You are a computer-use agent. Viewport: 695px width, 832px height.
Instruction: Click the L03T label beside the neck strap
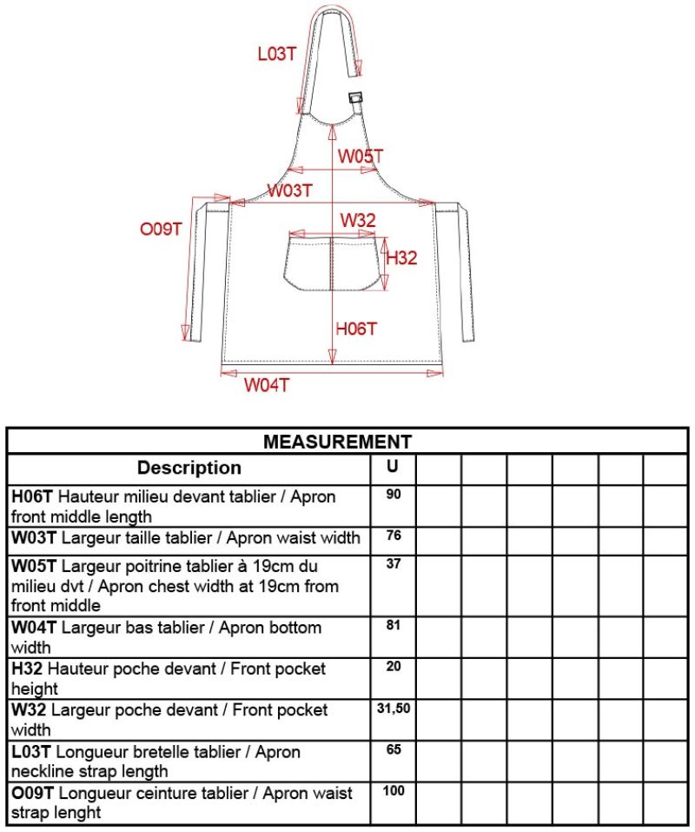coord(277,54)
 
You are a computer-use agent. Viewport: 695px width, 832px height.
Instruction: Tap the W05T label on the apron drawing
coord(361,156)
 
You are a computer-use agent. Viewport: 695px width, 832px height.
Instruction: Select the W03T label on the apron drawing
coord(290,190)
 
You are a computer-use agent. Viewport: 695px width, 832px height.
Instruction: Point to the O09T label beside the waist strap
coord(161,230)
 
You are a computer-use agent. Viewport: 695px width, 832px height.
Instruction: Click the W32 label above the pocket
coord(357,220)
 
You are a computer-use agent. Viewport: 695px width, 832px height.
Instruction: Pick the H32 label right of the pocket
coord(401,258)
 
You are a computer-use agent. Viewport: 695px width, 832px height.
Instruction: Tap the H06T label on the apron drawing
coord(357,328)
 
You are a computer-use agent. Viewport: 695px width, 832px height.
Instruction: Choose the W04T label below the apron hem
coord(266,385)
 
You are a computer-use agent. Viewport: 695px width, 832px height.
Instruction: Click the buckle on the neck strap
coord(355,98)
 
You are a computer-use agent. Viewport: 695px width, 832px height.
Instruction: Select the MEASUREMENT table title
coord(337,442)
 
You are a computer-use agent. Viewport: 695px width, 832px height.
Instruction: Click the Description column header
coord(189,468)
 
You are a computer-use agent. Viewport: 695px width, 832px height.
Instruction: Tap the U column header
coord(393,467)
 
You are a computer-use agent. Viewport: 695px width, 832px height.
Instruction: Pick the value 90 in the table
coord(393,494)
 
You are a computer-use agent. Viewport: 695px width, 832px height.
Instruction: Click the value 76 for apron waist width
coord(393,535)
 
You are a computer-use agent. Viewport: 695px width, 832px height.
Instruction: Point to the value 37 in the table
coord(393,562)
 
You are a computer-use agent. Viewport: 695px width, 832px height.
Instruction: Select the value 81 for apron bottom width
coord(393,625)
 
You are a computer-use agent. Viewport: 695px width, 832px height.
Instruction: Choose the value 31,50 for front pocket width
coord(393,709)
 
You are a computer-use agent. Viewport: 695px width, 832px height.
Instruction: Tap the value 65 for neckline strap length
coord(393,749)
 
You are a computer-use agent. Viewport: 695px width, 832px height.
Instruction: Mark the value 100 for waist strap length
coord(393,790)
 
